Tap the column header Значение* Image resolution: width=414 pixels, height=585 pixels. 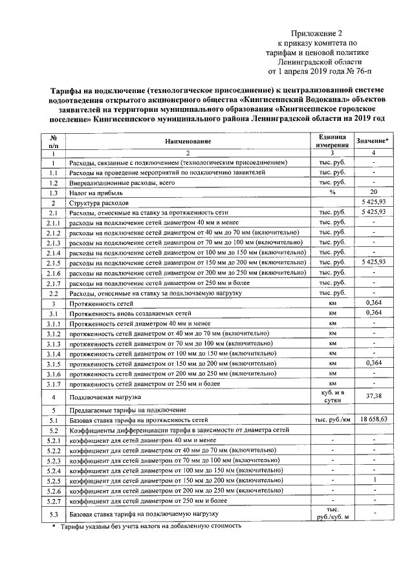(x=373, y=140)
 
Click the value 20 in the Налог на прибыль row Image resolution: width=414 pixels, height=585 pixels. (x=373, y=193)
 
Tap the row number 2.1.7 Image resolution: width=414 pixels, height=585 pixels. (x=54, y=282)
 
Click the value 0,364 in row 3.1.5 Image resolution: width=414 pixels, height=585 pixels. (x=373, y=363)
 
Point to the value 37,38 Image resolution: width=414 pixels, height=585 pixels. (x=373, y=396)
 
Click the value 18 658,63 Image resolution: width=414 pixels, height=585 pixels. (x=373, y=420)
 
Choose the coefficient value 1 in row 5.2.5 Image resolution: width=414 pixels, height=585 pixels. (x=373, y=481)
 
